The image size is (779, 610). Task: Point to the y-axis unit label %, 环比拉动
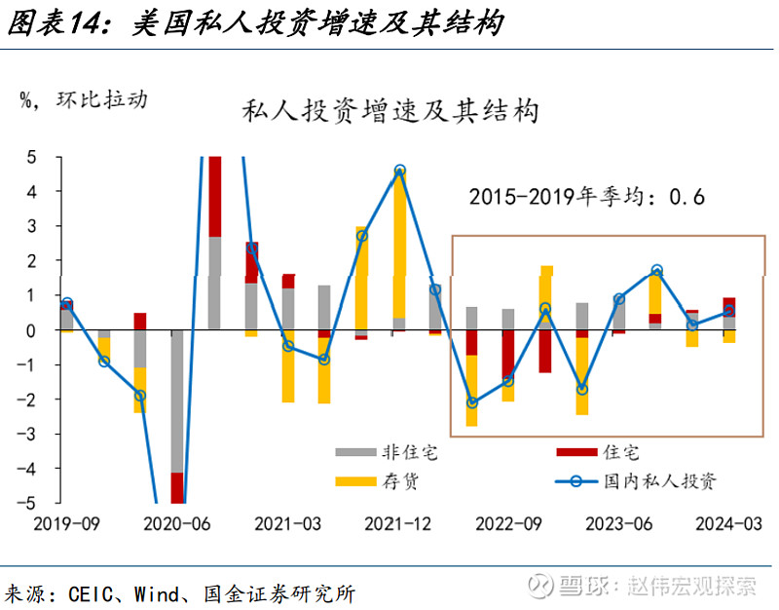pyautogui.click(x=84, y=99)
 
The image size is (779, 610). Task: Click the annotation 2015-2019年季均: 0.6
pyautogui.click(x=586, y=196)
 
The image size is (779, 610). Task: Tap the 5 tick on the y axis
pyautogui.click(x=31, y=158)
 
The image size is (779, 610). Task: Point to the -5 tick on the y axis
pyautogui.click(x=29, y=504)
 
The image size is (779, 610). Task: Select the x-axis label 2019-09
pyautogui.click(x=67, y=523)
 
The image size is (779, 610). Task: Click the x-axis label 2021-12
pyautogui.click(x=398, y=523)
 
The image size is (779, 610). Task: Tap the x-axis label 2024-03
pyautogui.click(x=729, y=523)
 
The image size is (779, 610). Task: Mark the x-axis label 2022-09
pyautogui.click(x=508, y=523)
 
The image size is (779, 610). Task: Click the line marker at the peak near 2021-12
pyautogui.click(x=399, y=171)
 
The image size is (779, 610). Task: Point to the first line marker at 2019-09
pyautogui.click(x=66, y=304)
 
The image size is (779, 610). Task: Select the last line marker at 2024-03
pyautogui.click(x=728, y=312)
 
